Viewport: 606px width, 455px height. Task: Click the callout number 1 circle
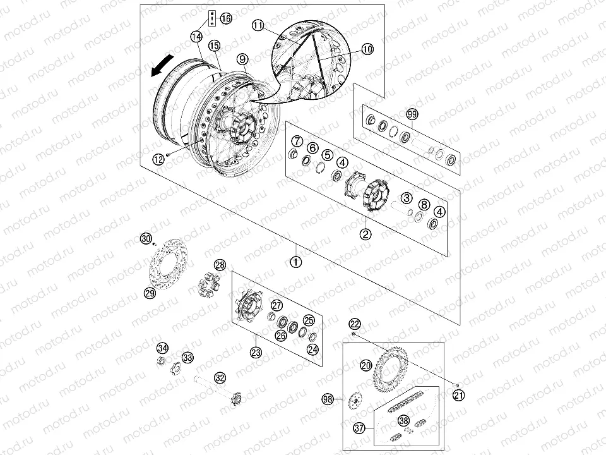[x=297, y=260]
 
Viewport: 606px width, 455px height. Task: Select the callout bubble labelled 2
[x=365, y=234]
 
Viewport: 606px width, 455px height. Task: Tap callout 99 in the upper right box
[x=412, y=114]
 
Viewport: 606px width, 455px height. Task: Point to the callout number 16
[x=226, y=18]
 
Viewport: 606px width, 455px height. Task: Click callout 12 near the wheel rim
[x=158, y=159]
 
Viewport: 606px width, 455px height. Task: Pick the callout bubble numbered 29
[x=150, y=293]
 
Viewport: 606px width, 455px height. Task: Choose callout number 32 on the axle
[x=219, y=378]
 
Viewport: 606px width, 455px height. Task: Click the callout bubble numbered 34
[x=163, y=348]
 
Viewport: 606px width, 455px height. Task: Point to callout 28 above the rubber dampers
[x=219, y=265]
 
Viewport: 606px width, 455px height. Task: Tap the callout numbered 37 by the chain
[x=360, y=428]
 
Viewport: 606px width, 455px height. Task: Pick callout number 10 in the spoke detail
[x=367, y=49]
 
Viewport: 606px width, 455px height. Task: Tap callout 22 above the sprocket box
[x=355, y=323]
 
